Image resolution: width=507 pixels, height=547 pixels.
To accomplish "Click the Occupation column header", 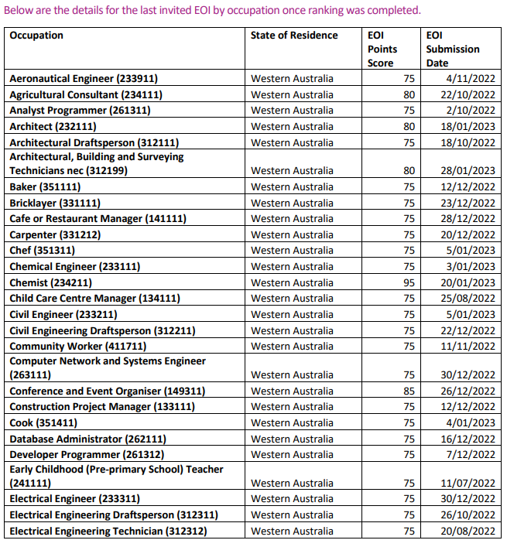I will [x=36, y=36].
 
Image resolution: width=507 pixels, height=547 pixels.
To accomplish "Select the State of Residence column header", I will [x=294, y=36].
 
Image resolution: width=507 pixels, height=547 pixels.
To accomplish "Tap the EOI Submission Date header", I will [x=453, y=49].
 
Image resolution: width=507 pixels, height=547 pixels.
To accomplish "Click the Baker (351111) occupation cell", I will [x=45, y=187].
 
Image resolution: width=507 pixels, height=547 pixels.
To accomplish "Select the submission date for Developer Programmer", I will [x=468, y=455].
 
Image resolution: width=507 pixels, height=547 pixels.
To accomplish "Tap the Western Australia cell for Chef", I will [x=292, y=251].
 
